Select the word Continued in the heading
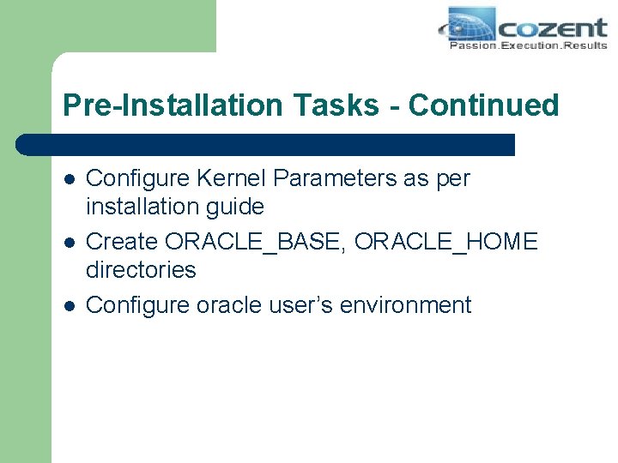(x=483, y=105)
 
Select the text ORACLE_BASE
(x=254, y=242)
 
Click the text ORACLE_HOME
(x=445, y=242)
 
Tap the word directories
(x=141, y=269)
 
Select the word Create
(x=122, y=242)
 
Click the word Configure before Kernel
(x=139, y=178)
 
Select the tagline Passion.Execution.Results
(x=528, y=45)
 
